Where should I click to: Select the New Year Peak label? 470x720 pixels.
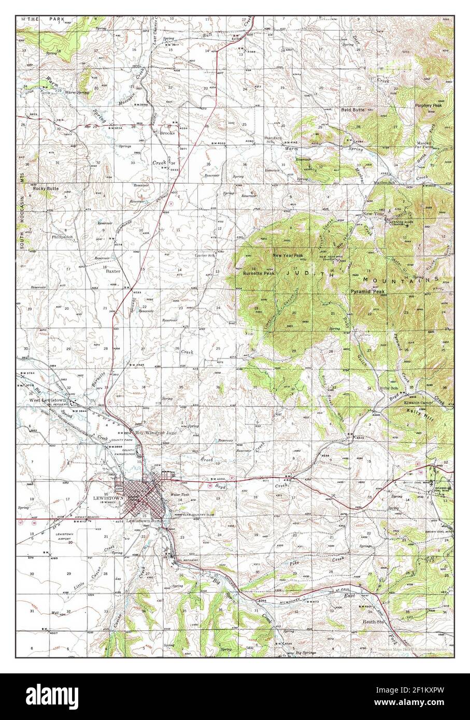[288, 256]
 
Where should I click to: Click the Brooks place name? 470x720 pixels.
[167, 133]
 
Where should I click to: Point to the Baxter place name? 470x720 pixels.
[113, 270]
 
